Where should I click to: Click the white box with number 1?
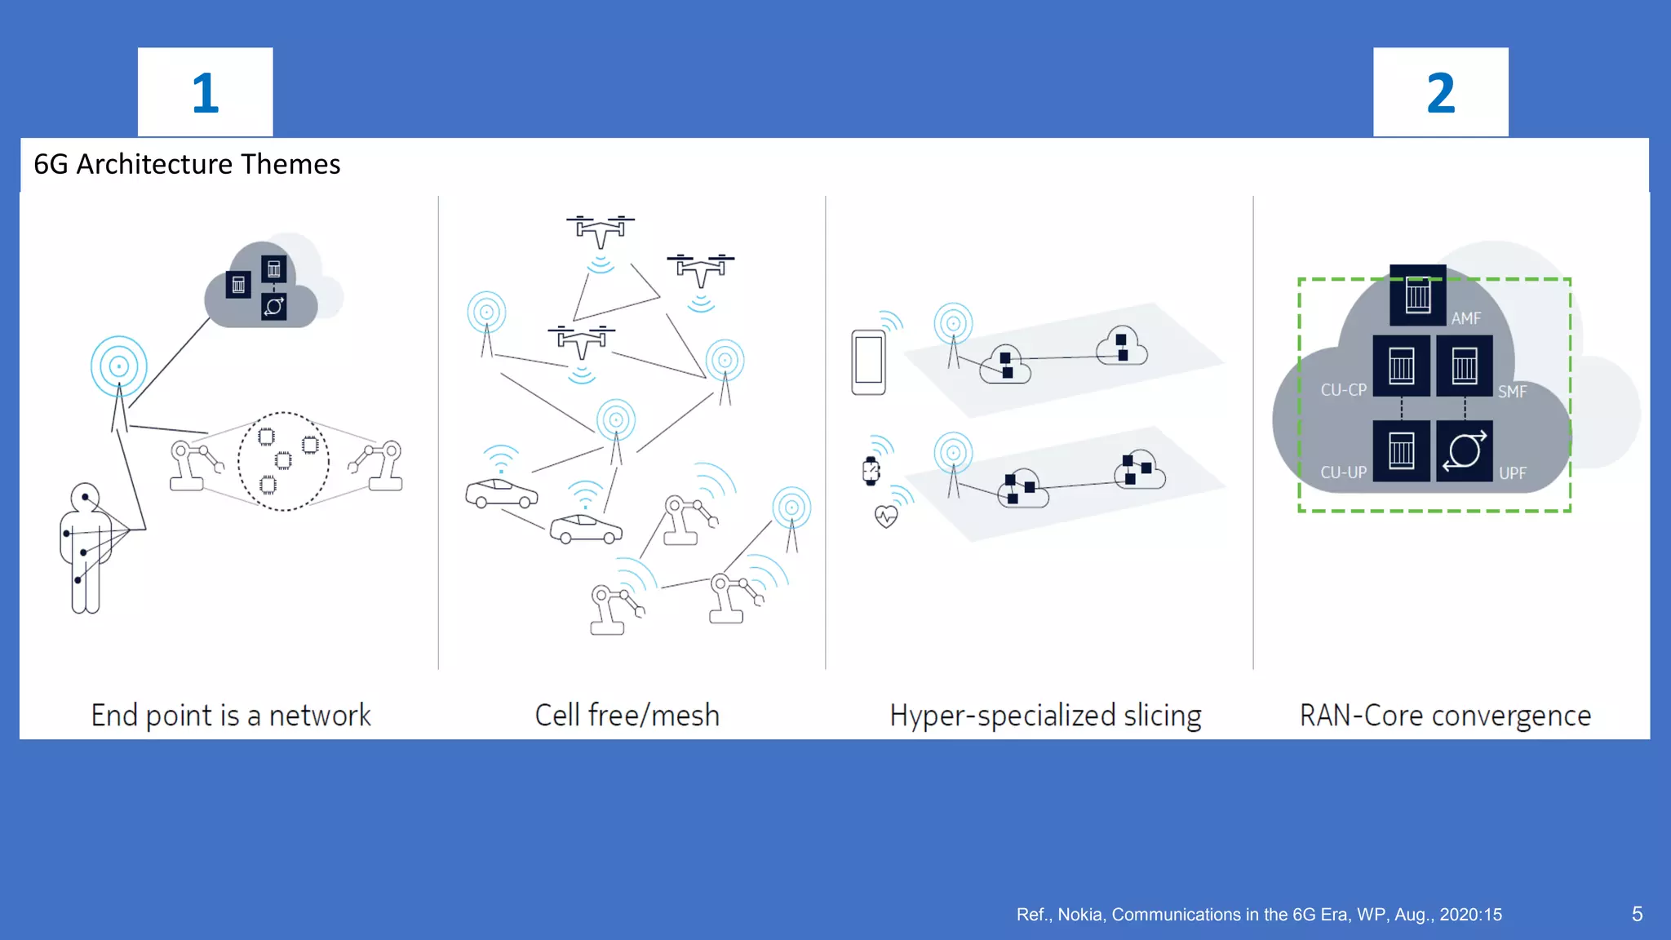click(205, 92)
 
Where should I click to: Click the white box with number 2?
click(1440, 92)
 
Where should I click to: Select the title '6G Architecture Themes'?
click(187, 164)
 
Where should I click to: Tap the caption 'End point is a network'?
click(231, 715)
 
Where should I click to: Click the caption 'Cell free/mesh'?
click(627, 715)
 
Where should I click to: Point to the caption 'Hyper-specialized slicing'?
click(1045, 715)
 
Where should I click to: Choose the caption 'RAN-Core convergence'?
click(1445, 715)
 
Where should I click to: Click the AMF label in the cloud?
click(1465, 318)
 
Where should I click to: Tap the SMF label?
click(1512, 392)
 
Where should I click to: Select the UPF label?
click(1512, 473)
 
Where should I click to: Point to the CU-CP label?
click(1343, 390)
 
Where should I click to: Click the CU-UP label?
click(1343, 472)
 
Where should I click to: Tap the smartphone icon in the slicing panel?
click(868, 361)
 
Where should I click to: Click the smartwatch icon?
click(871, 471)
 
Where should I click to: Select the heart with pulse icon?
click(886, 517)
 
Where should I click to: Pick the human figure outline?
click(85, 548)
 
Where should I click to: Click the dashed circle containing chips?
click(283, 462)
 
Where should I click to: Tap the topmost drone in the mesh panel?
click(601, 230)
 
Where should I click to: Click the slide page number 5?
click(1637, 914)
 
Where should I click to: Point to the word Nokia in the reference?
click(1079, 915)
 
